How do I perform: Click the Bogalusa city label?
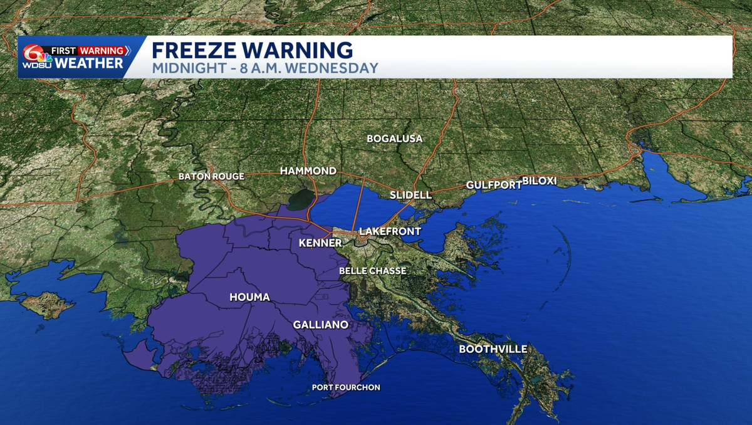(x=395, y=139)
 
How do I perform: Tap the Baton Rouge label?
(x=211, y=176)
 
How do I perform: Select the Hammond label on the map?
(x=308, y=171)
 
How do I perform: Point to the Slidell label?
(x=410, y=195)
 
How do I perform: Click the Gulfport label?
(x=494, y=185)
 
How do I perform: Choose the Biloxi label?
(x=540, y=181)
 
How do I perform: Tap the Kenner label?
(x=320, y=243)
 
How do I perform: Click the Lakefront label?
(x=390, y=231)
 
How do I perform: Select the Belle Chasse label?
(x=372, y=271)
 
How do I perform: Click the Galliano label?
(x=321, y=325)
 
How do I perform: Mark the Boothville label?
(x=493, y=349)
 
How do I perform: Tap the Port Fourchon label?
(x=346, y=387)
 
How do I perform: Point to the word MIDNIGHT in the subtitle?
(x=183, y=68)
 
